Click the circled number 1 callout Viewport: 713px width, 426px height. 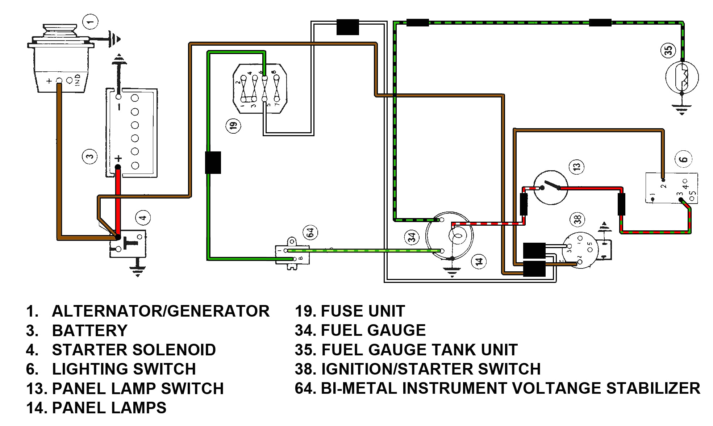click(90, 22)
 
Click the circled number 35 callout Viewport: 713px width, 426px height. click(668, 50)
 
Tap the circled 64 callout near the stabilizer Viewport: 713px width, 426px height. click(310, 232)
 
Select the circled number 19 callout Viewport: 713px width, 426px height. click(233, 126)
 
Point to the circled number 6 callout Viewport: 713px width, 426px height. click(683, 159)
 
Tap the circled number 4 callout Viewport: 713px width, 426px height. click(143, 218)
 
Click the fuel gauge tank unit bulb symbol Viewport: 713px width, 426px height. click(682, 77)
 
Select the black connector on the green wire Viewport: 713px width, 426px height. click(213, 162)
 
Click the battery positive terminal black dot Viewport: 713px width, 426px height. click(118, 167)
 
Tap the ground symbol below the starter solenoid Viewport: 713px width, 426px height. click(137, 270)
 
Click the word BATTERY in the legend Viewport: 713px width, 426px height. click(89, 330)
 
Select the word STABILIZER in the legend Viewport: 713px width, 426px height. click(653, 388)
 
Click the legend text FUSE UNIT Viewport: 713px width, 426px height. click(363, 311)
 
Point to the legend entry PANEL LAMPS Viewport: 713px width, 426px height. click(109, 408)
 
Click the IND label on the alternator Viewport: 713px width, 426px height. click(77, 80)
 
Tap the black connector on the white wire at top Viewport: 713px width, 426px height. click(347, 27)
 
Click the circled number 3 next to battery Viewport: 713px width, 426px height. click(90, 156)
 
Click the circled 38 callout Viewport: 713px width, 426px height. click(577, 219)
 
